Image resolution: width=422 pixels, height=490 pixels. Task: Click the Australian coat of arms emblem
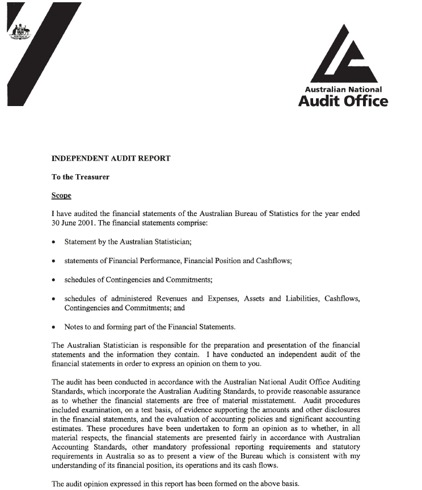pyautogui.click(x=22, y=31)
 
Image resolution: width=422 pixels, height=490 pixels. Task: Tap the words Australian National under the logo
pyautogui.click(x=343, y=89)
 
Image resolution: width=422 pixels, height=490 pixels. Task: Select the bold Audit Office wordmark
pyautogui.click(x=343, y=101)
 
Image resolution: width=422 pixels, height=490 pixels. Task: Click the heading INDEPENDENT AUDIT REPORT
pyautogui.click(x=111, y=158)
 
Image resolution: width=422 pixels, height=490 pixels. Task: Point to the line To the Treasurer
pyautogui.click(x=81, y=177)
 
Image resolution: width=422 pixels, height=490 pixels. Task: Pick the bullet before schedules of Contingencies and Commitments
pyautogui.click(x=53, y=280)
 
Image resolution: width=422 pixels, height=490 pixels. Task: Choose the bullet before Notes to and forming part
pyautogui.click(x=53, y=327)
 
